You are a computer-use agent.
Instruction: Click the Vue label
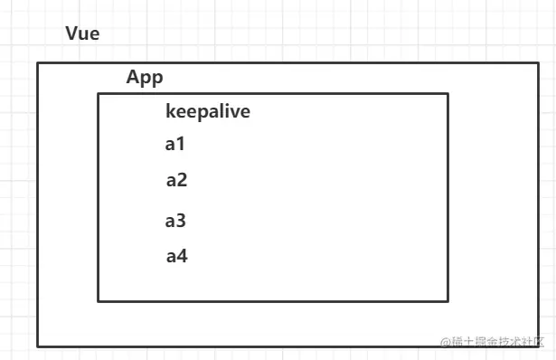(82, 34)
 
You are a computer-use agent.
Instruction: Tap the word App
(145, 78)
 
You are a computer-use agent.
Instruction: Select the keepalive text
(208, 112)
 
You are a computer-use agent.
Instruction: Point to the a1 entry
(174, 143)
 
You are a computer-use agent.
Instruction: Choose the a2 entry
(176, 180)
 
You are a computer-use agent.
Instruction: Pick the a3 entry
(175, 220)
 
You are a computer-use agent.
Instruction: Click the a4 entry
(176, 256)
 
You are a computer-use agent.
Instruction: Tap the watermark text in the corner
(493, 342)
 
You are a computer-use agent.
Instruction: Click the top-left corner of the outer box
(37, 62)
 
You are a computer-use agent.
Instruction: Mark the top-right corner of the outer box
(539, 62)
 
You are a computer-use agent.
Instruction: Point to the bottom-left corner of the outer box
(37, 346)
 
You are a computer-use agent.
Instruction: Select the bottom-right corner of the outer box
(539, 346)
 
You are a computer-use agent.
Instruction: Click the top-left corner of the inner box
(99, 93)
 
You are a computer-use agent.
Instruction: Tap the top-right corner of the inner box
(448, 93)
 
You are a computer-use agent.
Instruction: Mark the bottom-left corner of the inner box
(99, 300)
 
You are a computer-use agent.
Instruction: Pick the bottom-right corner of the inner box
(448, 300)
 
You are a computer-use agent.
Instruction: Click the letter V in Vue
(71, 34)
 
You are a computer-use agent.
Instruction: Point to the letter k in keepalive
(171, 112)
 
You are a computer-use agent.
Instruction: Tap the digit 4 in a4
(182, 256)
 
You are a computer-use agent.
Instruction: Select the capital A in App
(133, 78)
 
